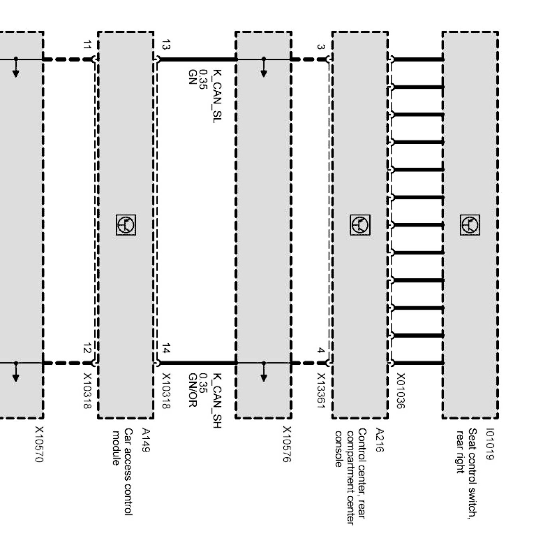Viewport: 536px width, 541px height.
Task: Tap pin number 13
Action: (166, 45)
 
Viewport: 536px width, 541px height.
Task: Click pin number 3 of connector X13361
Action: (321, 46)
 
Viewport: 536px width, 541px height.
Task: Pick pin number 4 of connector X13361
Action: (321, 350)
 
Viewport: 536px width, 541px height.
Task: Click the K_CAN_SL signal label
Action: (217, 96)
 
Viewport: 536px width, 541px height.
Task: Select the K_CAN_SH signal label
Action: (217, 401)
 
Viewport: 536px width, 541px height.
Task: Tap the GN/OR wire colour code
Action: (192, 390)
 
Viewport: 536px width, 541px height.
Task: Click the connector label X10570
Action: (39, 444)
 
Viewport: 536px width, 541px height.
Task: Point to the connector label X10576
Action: (287, 444)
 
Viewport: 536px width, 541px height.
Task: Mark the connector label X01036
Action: (400, 391)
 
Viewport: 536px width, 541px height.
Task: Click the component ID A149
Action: (146, 440)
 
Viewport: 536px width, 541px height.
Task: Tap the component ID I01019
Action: (491, 444)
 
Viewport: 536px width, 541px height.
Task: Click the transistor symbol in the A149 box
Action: (126, 225)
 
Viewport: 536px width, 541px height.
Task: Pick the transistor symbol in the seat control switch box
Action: (470, 225)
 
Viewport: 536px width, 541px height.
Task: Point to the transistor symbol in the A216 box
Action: (360, 225)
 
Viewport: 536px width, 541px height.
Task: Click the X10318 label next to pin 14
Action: (166, 391)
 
